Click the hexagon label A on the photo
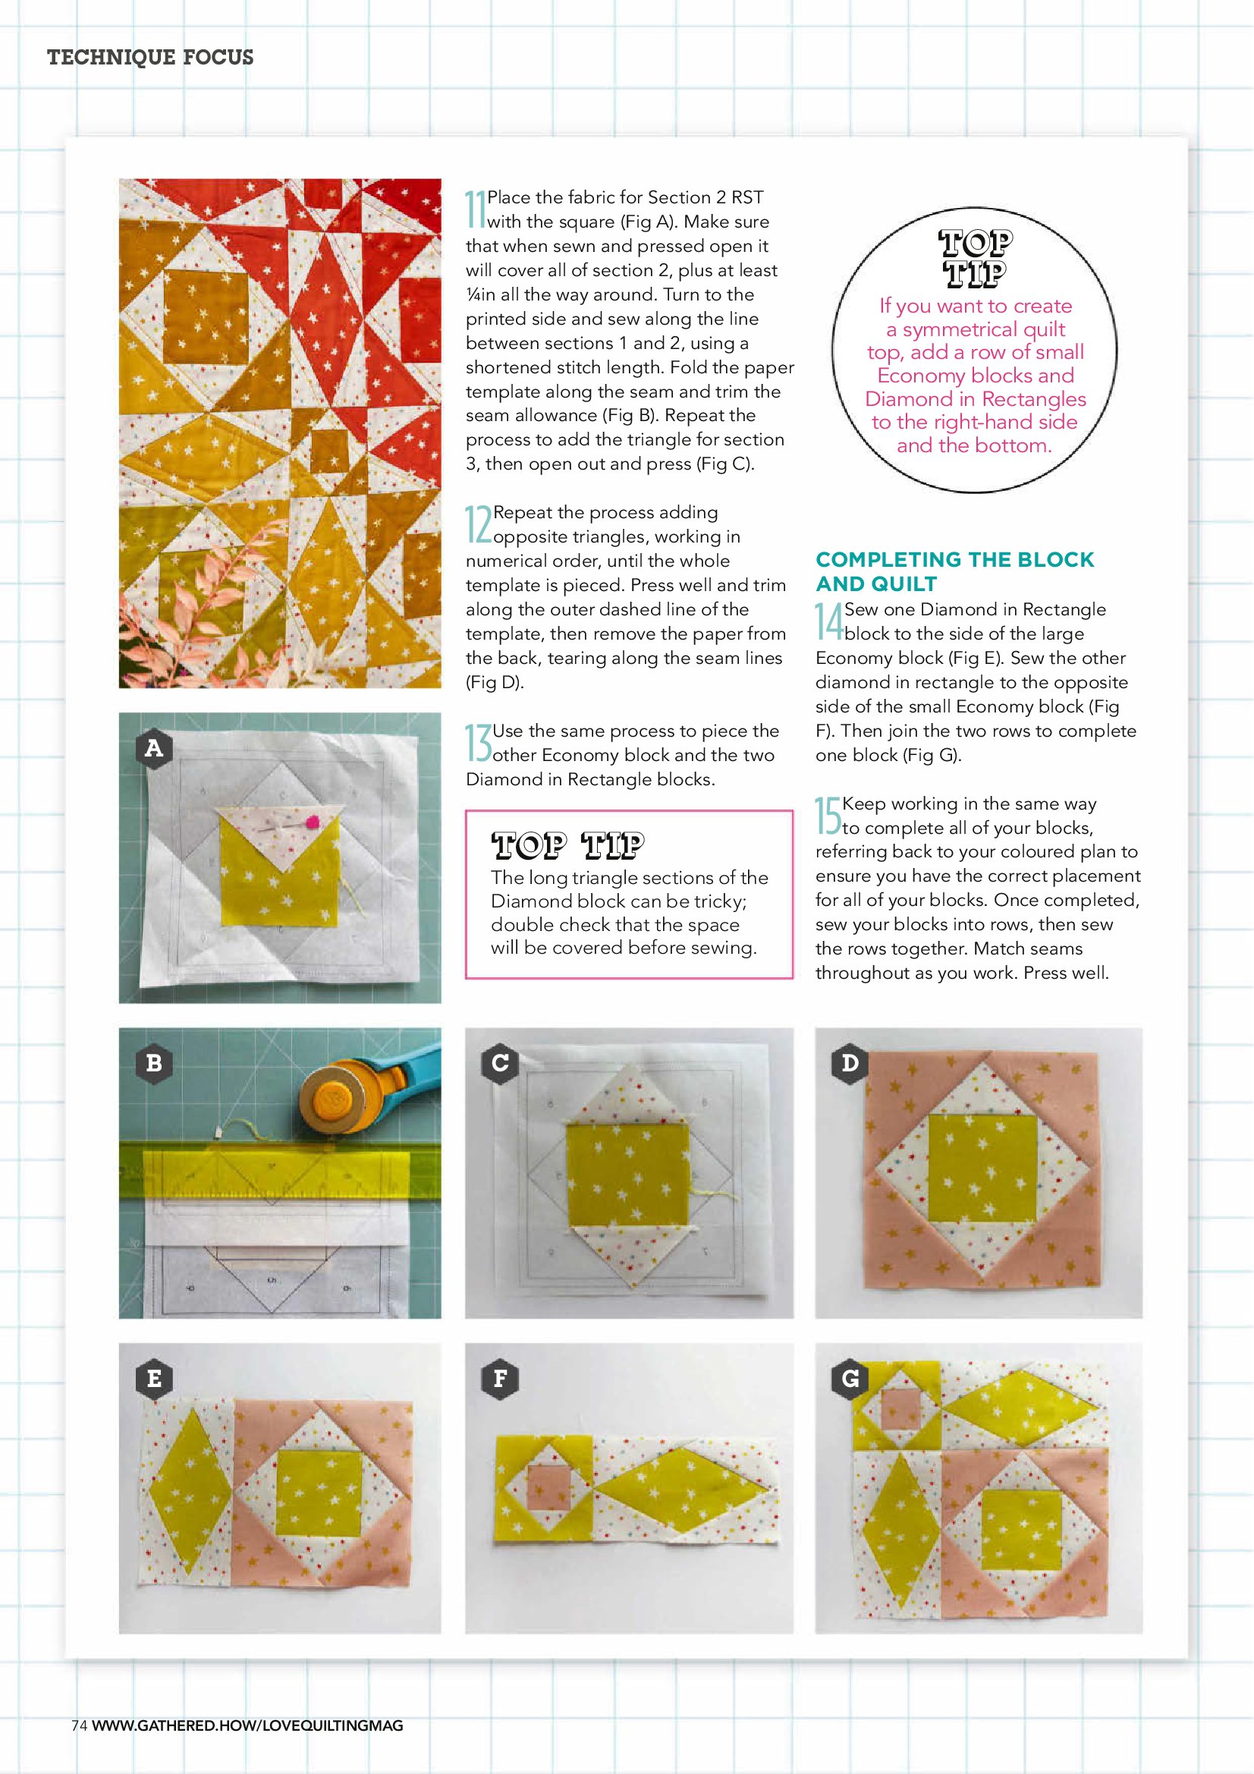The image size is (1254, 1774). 154,748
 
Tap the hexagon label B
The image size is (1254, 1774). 154,1062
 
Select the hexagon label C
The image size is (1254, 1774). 500,1062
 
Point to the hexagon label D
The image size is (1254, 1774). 850,1062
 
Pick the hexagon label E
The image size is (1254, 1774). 154,1378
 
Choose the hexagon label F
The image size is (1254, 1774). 500,1378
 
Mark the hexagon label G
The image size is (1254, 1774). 850,1378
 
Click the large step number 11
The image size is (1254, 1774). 475,209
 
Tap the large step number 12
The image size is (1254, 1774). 478,524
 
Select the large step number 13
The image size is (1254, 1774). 478,744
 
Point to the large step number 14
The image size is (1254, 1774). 829,622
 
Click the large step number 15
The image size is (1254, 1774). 828,816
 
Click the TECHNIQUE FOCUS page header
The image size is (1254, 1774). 150,57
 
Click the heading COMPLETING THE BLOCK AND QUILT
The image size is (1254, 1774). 955,572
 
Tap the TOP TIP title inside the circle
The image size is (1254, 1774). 975,258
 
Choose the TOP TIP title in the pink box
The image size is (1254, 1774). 568,845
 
